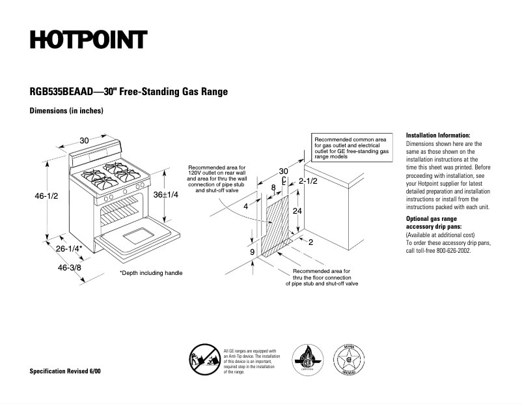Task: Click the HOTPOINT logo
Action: point(89,40)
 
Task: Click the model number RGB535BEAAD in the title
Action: point(61,92)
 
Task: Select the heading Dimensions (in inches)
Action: point(66,111)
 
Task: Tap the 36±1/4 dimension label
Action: point(167,195)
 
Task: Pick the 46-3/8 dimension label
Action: point(69,267)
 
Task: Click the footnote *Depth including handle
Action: point(151,273)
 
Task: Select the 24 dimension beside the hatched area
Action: point(297,211)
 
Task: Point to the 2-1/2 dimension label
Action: point(308,180)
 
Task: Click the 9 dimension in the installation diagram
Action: point(252,252)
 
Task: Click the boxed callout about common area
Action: point(351,149)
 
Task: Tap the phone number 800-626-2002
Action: point(450,250)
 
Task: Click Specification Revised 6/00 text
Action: point(65,371)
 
